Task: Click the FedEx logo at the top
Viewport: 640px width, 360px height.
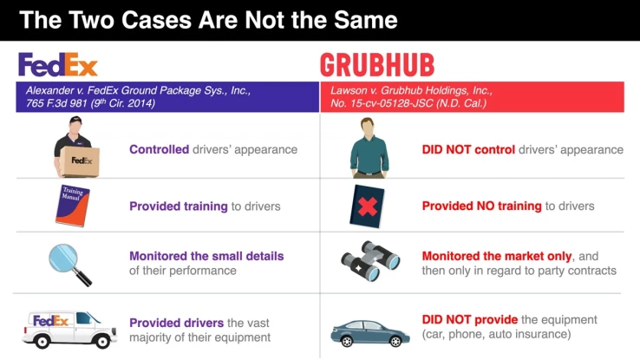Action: click(x=58, y=64)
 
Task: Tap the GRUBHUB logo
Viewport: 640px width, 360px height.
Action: click(x=376, y=65)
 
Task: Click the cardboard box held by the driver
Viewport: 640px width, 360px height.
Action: click(x=81, y=161)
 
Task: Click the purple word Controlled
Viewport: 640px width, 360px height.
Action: click(x=159, y=149)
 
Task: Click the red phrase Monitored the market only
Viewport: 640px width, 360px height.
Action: click(x=497, y=256)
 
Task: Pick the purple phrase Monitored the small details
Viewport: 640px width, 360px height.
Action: click(x=206, y=256)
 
